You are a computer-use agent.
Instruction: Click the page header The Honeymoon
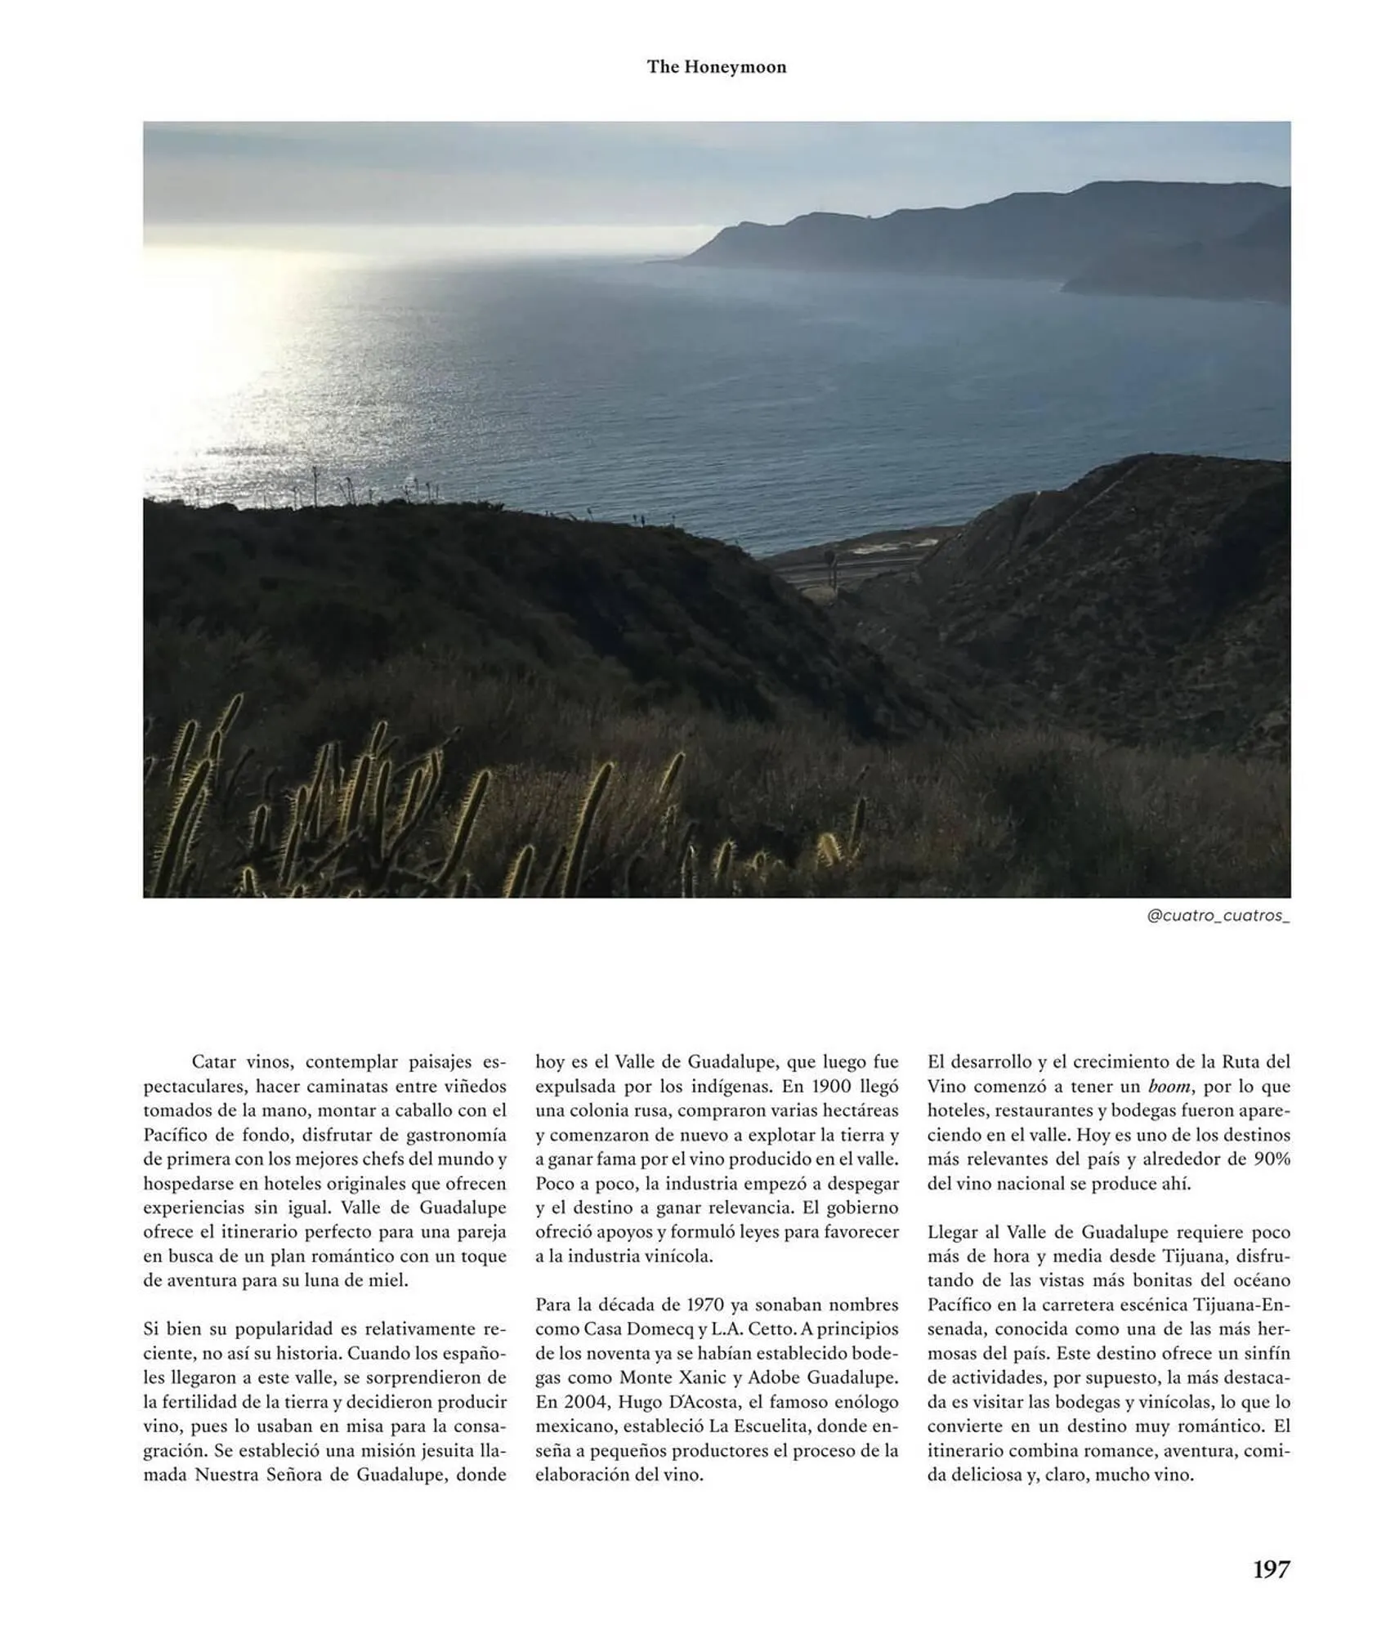(x=716, y=67)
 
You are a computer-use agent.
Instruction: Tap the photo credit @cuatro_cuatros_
(x=1218, y=916)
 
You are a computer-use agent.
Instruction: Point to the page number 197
(x=1271, y=1569)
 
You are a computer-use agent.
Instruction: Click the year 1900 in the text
(x=830, y=1087)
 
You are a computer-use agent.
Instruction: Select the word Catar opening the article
(x=214, y=1062)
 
